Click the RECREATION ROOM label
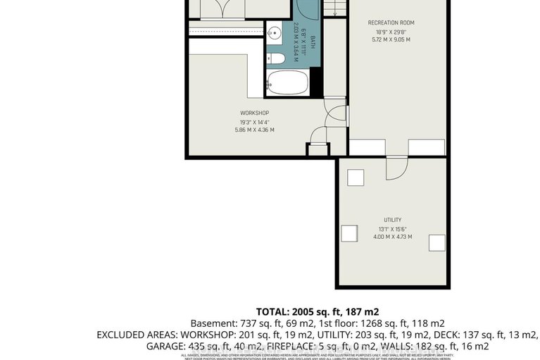(x=391, y=23)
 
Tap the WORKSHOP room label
(x=254, y=113)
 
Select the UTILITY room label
(x=392, y=220)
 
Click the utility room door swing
(x=397, y=166)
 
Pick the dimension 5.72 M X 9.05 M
(x=391, y=39)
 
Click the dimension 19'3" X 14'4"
(x=254, y=121)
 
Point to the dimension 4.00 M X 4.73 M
(x=392, y=237)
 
